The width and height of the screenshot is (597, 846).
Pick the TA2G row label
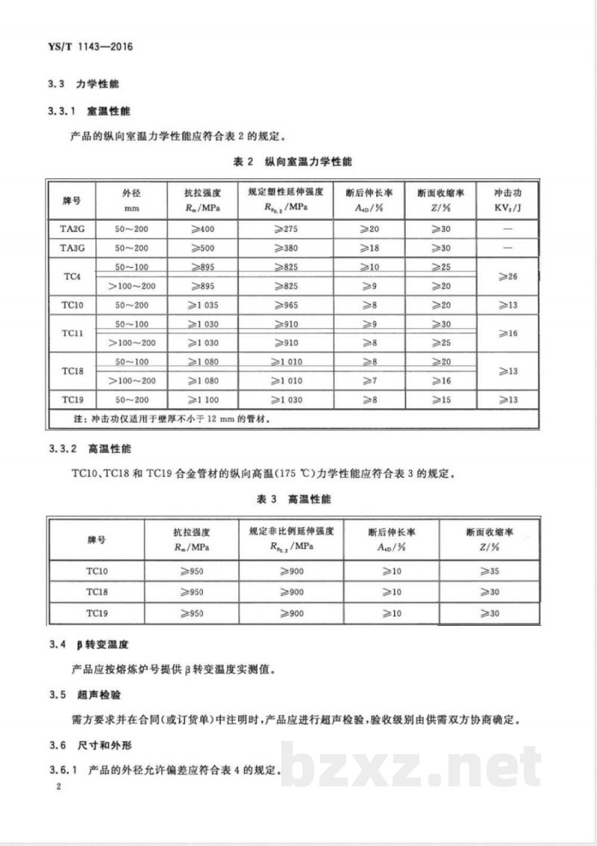(72, 228)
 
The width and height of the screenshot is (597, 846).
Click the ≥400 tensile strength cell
(200, 228)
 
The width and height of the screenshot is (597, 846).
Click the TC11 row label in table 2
(72, 333)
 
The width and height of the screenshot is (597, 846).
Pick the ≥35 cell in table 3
(489, 571)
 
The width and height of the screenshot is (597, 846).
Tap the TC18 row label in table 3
(97, 592)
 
